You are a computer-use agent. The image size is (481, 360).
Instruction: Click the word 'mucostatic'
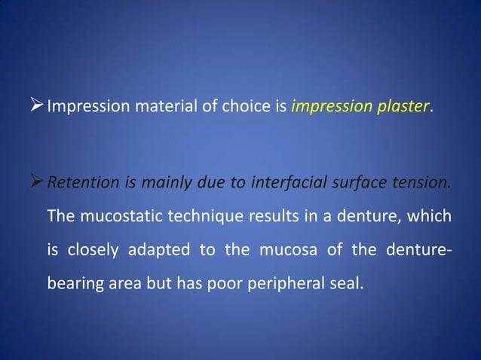pyautogui.click(x=117, y=217)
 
